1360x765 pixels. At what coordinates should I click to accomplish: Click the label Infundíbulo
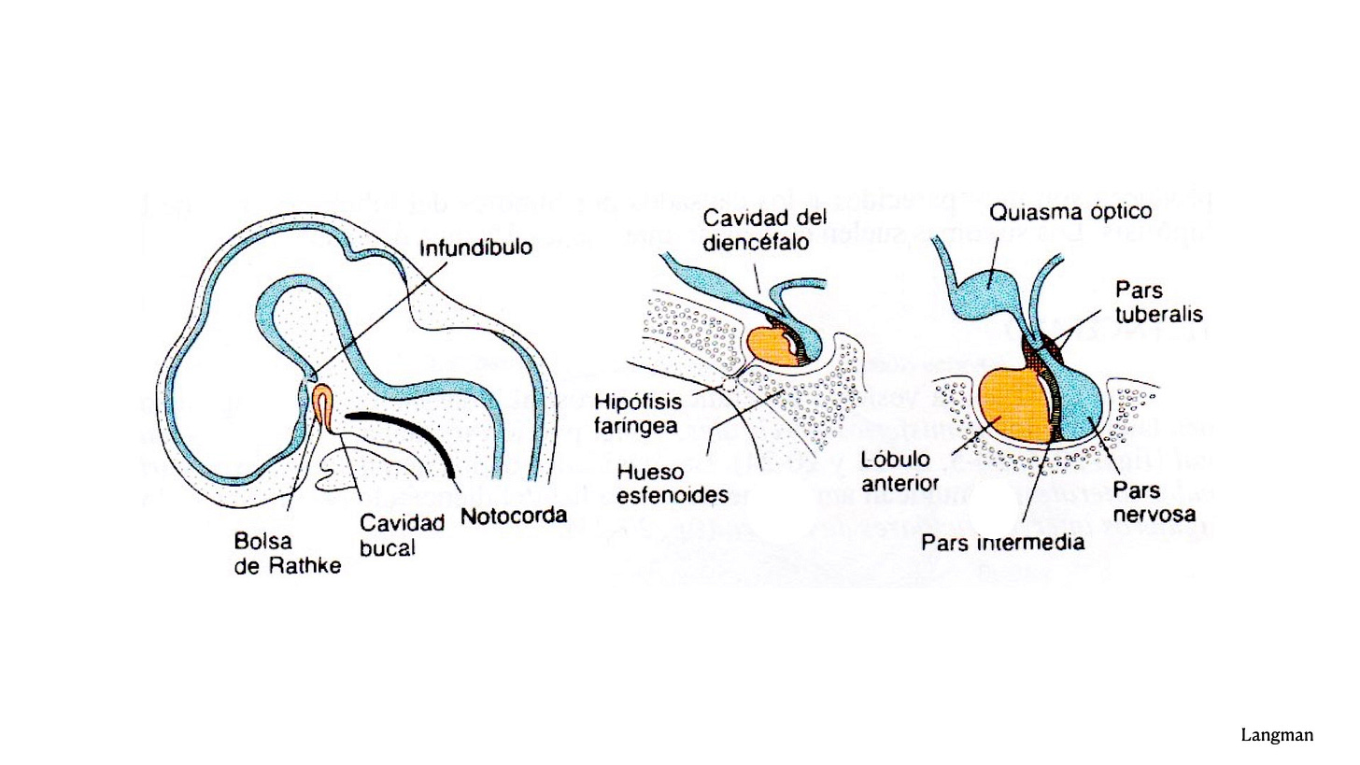475,249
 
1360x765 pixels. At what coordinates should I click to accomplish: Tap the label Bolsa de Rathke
287,553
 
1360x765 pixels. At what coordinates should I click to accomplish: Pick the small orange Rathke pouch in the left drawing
322,404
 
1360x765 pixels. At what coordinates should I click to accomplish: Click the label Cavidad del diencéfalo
765,231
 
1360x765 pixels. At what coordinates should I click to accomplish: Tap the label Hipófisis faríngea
639,414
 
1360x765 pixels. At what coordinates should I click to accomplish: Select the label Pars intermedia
1002,543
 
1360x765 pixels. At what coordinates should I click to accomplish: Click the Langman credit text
1277,736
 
